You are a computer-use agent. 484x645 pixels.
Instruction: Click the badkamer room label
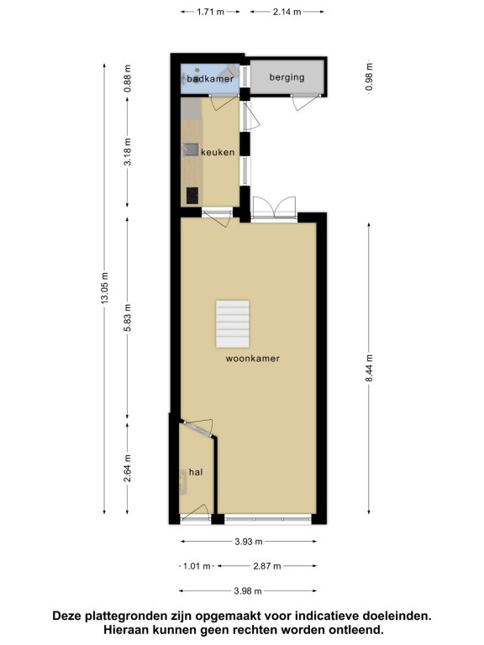(x=210, y=79)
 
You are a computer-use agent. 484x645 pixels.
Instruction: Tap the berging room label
(x=287, y=77)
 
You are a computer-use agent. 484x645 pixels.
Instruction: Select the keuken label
(x=218, y=152)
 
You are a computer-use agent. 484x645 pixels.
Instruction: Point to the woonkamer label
(x=253, y=359)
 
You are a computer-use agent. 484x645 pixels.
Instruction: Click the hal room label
(x=196, y=472)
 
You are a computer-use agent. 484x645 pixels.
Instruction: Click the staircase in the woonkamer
(x=233, y=323)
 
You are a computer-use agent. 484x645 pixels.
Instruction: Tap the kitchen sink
(x=191, y=149)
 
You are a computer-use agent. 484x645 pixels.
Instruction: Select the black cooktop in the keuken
(x=192, y=196)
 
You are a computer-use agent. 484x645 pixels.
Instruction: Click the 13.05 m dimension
(x=104, y=288)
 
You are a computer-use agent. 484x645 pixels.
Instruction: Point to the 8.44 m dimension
(x=369, y=368)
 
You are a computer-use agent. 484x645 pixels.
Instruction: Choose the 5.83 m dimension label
(x=128, y=318)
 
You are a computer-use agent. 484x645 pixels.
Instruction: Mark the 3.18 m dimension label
(x=128, y=152)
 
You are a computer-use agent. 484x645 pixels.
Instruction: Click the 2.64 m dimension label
(x=128, y=468)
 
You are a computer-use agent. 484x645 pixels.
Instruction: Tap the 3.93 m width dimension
(x=249, y=542)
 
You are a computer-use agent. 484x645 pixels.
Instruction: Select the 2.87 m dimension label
(x=267, y=566)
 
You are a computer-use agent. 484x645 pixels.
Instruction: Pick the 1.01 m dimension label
(x=197, y=566)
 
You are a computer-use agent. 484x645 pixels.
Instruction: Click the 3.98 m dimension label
(x=248, y=591)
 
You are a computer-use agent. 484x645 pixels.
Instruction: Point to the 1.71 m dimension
(x=210, y=12)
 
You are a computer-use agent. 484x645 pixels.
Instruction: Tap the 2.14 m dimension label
(x=287, y=12)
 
